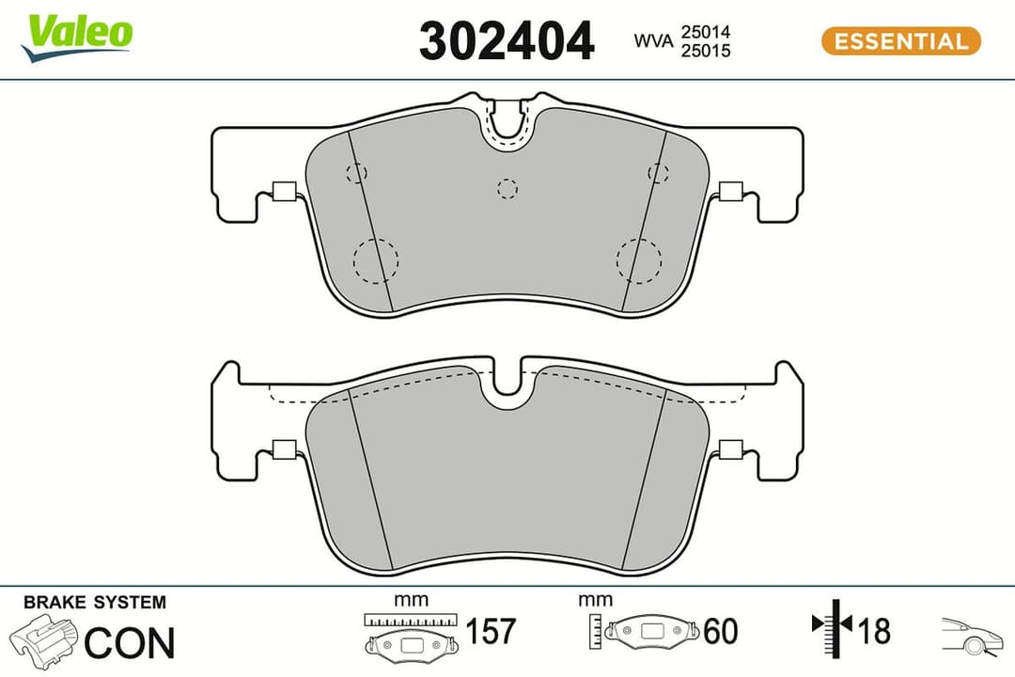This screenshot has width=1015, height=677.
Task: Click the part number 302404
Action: click(x=507, y=41)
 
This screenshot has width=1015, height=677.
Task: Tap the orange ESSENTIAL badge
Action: click(x=900, y=41)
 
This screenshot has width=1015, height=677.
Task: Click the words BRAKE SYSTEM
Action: click(x=94, y=603)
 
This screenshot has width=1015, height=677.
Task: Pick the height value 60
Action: click(x=720, y=632)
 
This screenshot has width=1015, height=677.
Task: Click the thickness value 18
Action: click(x=873, y=631)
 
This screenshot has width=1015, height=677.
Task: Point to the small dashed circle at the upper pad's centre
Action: click(x=507, y=188)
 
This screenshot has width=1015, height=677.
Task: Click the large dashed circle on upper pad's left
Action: click(x=376, y=260)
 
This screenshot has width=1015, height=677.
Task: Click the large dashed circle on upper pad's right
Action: click(x=639, y=260)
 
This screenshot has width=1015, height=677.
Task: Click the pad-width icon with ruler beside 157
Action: click(x=412, y=634)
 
